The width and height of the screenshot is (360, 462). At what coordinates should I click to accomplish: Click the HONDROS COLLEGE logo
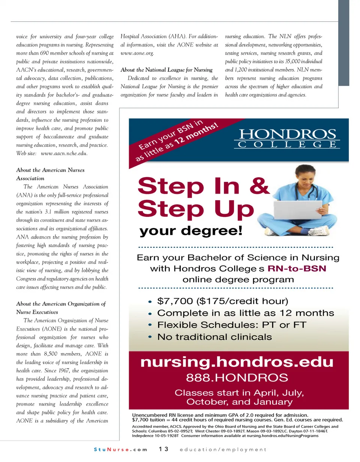287,138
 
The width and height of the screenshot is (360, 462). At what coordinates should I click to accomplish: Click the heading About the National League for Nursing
166,69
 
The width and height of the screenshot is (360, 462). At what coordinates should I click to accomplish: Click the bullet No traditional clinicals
214,337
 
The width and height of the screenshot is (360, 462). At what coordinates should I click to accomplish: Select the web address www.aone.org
137,53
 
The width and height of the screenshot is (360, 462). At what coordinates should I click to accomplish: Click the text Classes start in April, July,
239,393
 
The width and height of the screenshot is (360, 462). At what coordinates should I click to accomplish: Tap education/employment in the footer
223,449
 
